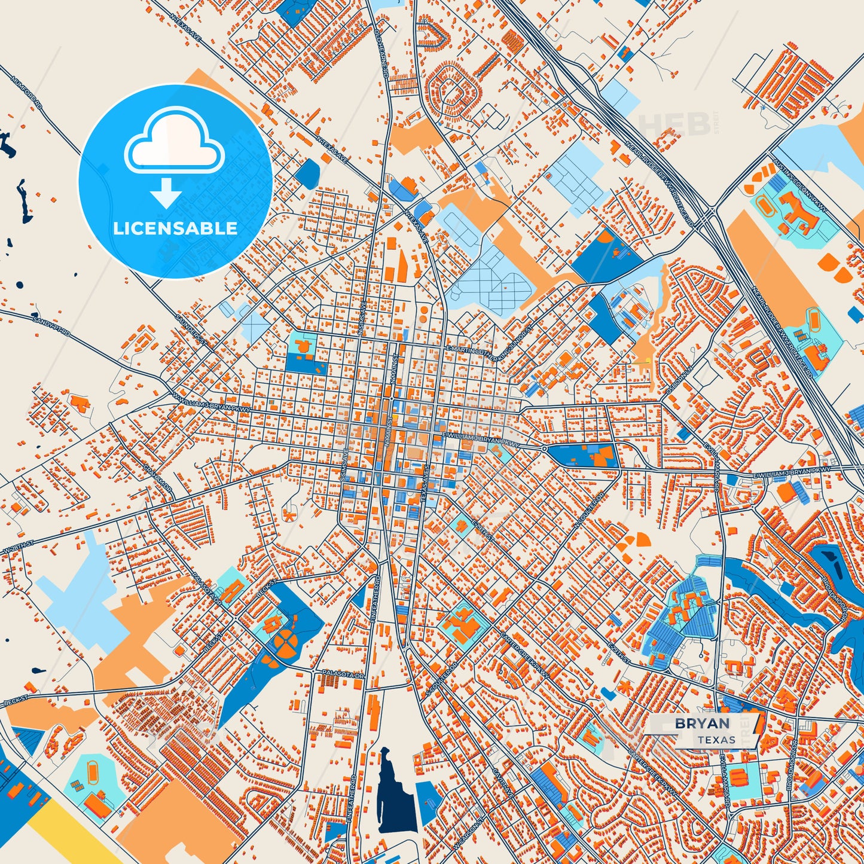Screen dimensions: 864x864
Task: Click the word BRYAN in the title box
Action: (702, 723)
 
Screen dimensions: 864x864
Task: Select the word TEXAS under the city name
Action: (716, 740)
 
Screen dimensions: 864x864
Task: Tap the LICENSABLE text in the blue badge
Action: (175, 228)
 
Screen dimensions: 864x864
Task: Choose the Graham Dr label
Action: (157, 480)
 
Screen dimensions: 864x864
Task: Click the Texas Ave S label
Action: (426, 484)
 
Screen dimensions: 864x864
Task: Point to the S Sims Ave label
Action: (343, 467)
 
